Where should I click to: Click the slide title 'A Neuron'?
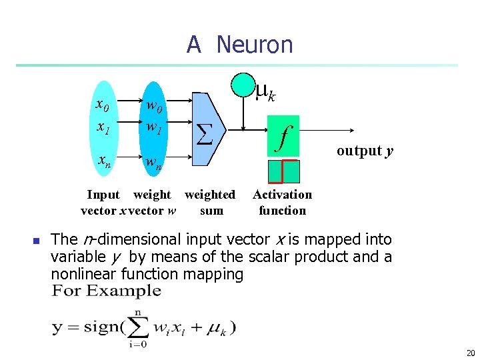click(239, 45)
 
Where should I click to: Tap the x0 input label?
click(103, 105)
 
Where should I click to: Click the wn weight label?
click(153, 162)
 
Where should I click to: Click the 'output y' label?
click(365, 151)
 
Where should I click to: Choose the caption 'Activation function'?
click(282, 203)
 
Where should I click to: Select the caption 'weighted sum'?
click(210, 203)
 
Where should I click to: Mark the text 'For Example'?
click(107, 291)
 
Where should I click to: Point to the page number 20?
click(470, 353)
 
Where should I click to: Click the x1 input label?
click(103, 126)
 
